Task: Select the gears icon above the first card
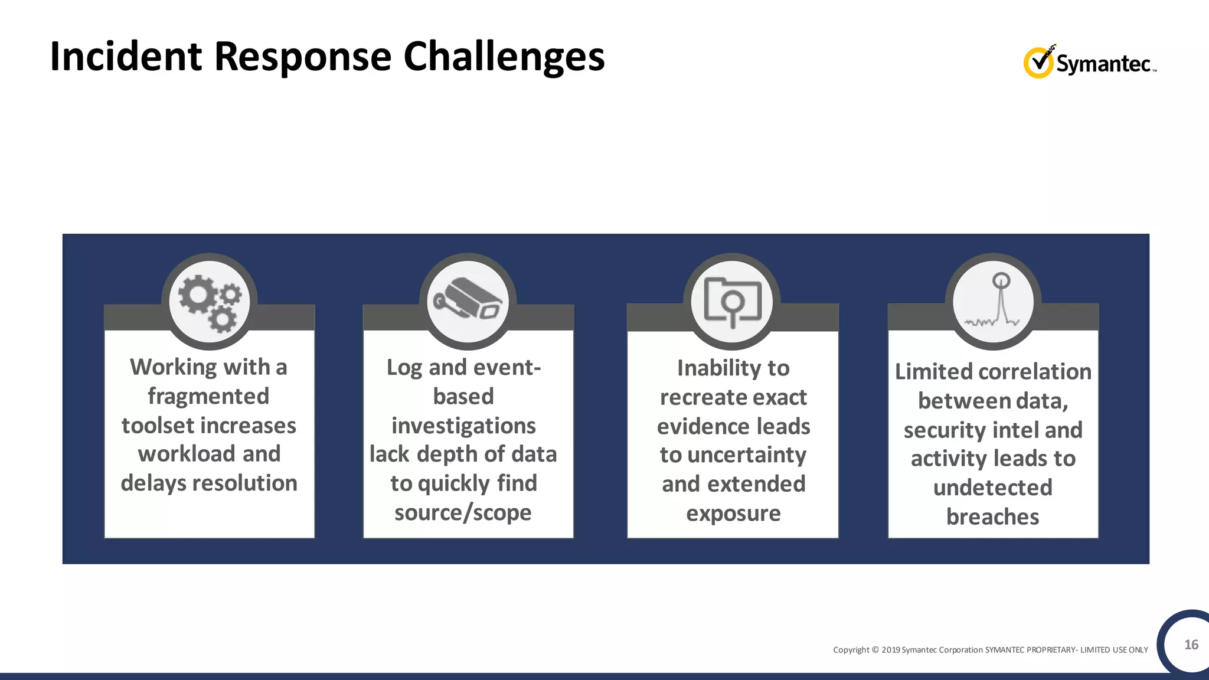pyautogui.click(x=210, y=302)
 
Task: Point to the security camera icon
pyautogui.click(x=468, y=301)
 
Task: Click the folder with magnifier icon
pyautogui.click(x=732, y=301)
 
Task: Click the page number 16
pyautogui.click(x=1191, y=645)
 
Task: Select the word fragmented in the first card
pyautogui.click(x=208, y=396)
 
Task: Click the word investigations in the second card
pyautogui.click(x=463, y=426)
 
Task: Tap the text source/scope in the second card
pyautogui.click(x=463, y=512)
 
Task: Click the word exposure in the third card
pyautogui.click(x=733, y=513)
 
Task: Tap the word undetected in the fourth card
pyautogui.click(x=992, y=488)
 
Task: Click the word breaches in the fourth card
pyautogui.click(x=992, y=516)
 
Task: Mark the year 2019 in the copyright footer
pyautogui.click(x=891, y=650)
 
